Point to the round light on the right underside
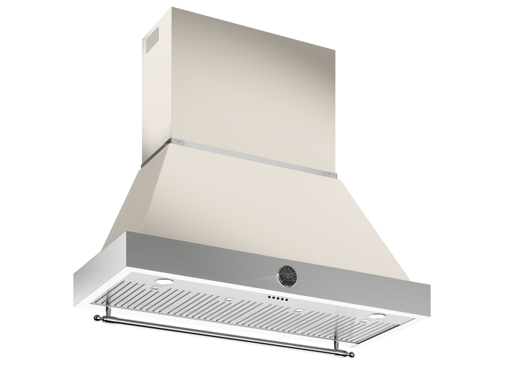coord(377,318)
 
